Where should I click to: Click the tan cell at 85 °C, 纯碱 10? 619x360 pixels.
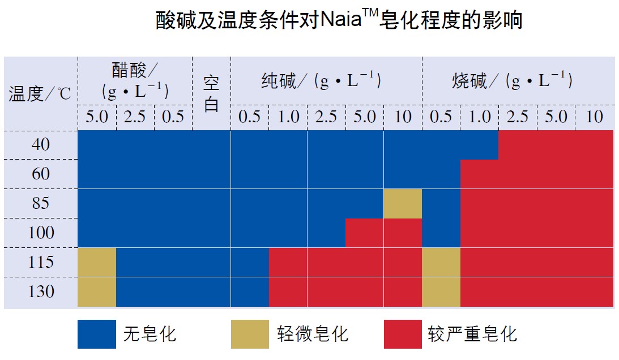tap(403, 203)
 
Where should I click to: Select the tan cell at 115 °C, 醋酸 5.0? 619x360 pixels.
tap(97, 262)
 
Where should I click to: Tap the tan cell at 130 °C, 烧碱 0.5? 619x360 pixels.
tap(441, 292)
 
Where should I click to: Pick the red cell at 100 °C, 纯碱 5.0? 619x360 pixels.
tap(365, 233)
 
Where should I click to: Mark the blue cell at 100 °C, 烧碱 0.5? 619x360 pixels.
tap(441, 233)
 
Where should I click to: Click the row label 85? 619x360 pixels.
tap(41, 203)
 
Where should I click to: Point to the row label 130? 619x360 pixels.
tap(41, 292)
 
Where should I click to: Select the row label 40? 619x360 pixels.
tap(41, 145)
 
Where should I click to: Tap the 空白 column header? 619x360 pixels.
tap(211, 93)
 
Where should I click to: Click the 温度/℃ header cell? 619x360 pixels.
tap(40, 93)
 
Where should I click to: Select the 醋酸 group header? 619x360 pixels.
tap(135, 81)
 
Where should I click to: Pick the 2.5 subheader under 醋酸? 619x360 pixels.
tap(135, 117)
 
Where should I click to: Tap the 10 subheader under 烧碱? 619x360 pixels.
tap(594, 117)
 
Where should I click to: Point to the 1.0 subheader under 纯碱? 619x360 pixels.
tap(288, 117)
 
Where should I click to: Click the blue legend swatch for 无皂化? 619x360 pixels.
tap(97, 334)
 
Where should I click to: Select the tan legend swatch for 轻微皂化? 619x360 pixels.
tap(250, 334)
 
